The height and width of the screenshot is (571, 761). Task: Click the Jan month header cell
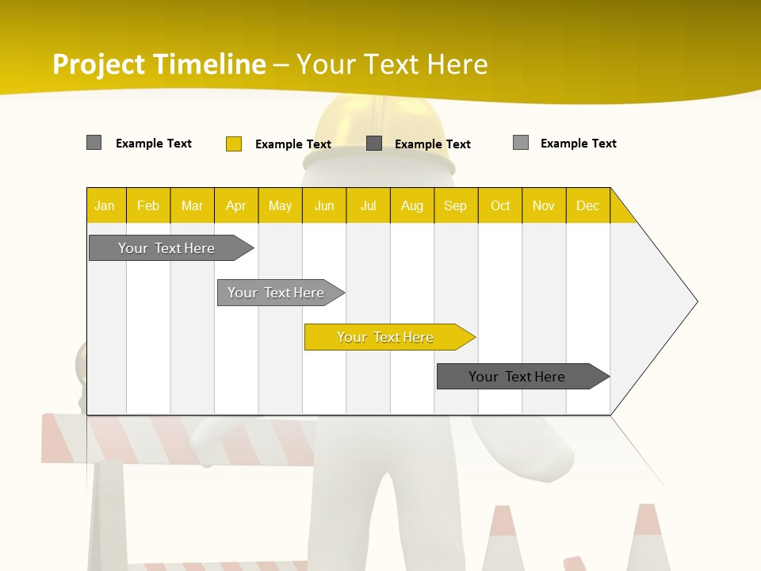tap(105, 205)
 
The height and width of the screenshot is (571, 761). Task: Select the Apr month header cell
tap(236, 205)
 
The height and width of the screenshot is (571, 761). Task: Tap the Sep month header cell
tap(456, 205)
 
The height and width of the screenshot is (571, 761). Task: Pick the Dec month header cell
tap(587, 205)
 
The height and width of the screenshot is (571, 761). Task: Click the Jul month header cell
tap(368, 205)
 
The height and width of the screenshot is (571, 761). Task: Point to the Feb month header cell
tap(148, 205)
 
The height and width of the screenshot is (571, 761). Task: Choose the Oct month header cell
tap(500, 205)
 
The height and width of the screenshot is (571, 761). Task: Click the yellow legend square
tap(234, 144)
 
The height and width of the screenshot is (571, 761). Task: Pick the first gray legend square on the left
tap(94, 143)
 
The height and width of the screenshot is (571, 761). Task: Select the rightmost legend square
tap(521, 143)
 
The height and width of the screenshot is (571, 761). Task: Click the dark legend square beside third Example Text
tap(374, 144)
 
